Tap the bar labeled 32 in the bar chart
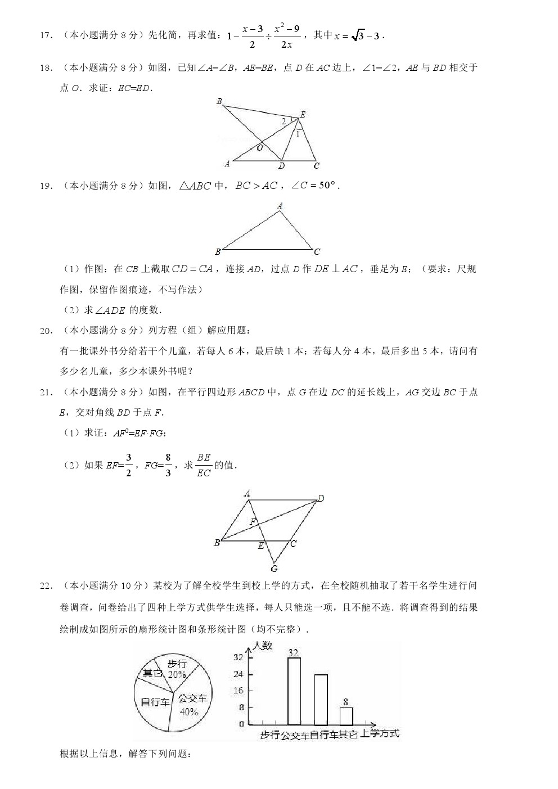[x=294, y=691]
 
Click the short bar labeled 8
[x=346, y=716]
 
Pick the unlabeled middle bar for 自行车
[x=321, y=700]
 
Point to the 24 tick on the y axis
[x=238, y=674]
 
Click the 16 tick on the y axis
[x=238, y=691]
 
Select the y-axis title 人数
[x=263, y=646]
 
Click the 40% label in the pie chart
[x=188, y=712]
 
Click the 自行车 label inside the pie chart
[x=155, y=702]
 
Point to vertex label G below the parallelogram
[x=274, y=569]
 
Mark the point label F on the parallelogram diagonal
[x=253, y=522]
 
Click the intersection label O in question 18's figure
[x=259, y=148]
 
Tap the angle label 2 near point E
[x=283, y=121]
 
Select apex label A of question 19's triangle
[x=280, y=207]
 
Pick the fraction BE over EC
[x=204, y=465]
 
